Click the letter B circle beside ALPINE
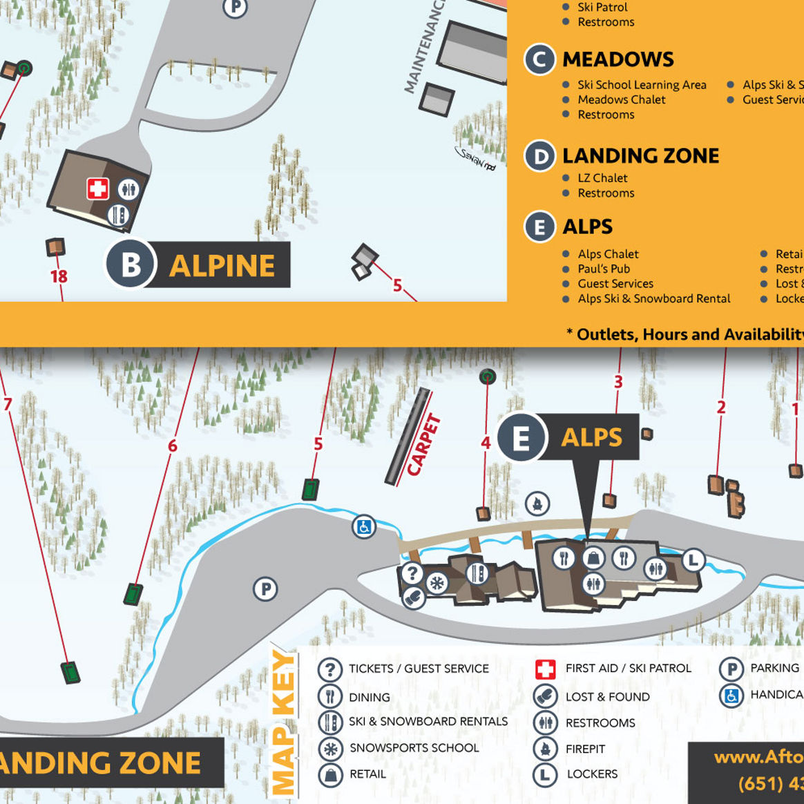pos(130,265)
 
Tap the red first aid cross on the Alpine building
pos(97,189)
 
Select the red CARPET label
pos(423,445)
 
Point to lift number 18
pos(59,276)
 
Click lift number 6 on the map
pos(173,446)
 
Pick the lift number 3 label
pos(618,381)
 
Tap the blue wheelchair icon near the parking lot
pos(363,527)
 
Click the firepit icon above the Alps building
pos(537,504)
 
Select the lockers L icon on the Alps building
pos(693,559)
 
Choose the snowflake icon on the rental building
pos(437,584)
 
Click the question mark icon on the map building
pos(412,573)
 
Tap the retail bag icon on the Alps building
pos(593,557)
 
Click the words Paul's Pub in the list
pos(604,269)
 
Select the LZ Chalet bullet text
pos(602,178)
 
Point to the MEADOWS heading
pos(618,59)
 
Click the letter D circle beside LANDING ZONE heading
pos(539,157)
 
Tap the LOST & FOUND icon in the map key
pos(545,696)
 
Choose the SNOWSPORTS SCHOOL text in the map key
pos(414,747)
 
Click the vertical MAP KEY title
pos(283,722)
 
